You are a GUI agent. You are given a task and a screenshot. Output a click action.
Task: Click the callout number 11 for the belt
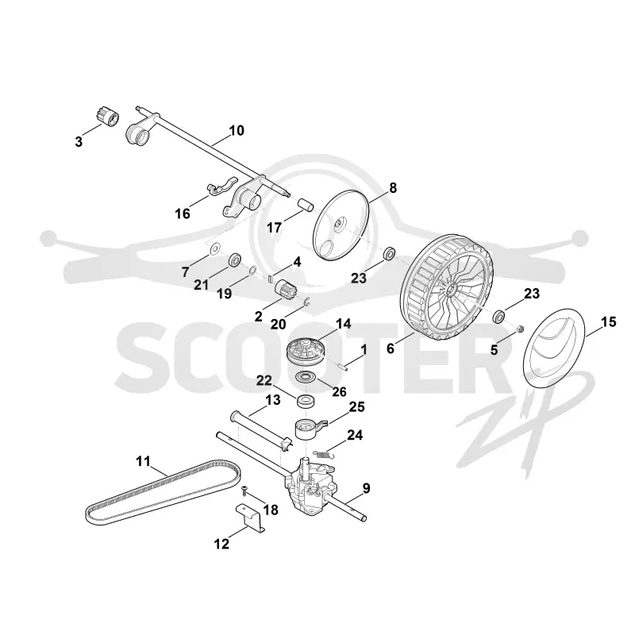click(143, 461)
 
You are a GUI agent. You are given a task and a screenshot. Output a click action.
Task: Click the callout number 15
click(609, 322)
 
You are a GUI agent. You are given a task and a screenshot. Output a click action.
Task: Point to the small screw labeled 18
click(245, 491)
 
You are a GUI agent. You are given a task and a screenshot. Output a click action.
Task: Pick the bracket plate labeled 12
click(250, 517)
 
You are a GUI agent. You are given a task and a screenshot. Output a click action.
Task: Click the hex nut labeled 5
click(521, 329)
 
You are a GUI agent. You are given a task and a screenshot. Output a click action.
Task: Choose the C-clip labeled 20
click(307, 302)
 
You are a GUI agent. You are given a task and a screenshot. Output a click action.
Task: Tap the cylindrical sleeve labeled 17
click(306, 205)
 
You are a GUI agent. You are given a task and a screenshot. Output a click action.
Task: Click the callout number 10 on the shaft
click(237, 130)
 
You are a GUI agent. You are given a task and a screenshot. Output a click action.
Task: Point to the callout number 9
click(366, 488)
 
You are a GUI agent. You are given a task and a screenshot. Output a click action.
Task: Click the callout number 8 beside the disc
click(392, 188)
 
